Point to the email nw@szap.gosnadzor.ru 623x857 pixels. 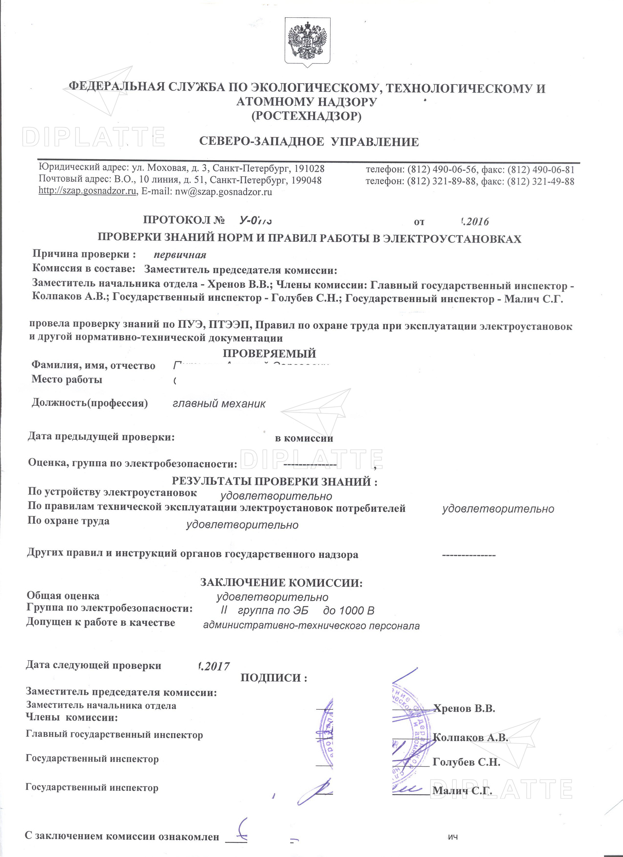pyautogui.click(x=223, y=192)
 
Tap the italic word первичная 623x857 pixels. pyautogui.click(x=180, y=255)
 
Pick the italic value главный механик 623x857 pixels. pyautogui.click(x=219, y=404)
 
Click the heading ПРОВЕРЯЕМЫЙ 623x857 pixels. pyautogui.click(x=269, y=353)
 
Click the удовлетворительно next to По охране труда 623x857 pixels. pyautogui.click(x=242, y=525)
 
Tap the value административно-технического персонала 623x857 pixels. pyautogui.click(x=311, y=626)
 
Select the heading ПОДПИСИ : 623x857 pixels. pyautogui.click(x=274, y=678)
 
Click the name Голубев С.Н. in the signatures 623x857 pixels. pyautogui.click(x=466, y=762)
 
